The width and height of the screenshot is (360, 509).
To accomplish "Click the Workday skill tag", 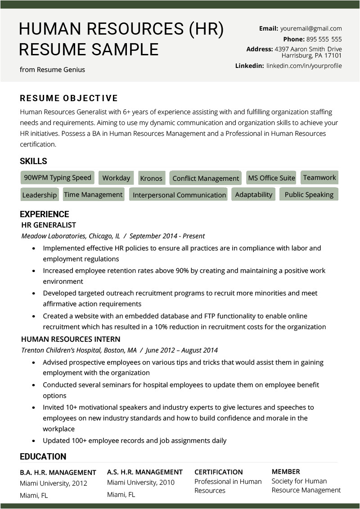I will (x=116, y=178).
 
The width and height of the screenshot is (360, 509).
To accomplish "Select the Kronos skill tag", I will (x=151, y=179).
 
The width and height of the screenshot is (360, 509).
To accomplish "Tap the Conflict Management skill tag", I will (x=206, y=179).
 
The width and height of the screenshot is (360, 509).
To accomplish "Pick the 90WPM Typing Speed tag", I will (x=58, y=178).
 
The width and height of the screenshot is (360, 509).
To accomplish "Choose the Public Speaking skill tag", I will (x=309, y=195).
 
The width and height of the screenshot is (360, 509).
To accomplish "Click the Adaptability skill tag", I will (x=253, y=195).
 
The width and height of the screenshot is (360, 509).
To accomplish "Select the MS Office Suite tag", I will (x=271, y=178).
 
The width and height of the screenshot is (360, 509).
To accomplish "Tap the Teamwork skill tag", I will (x=319, y=178).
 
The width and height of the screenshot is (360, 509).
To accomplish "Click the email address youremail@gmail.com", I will (x=311, y=28).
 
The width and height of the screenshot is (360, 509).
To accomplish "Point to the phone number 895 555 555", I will (x=324, y=39).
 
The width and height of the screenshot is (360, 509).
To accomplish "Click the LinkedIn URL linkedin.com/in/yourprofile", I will (x=304, y=66).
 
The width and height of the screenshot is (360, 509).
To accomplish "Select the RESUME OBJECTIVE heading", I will (x=69, y=98).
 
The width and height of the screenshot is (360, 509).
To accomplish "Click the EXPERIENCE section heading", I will (x=45, y=214).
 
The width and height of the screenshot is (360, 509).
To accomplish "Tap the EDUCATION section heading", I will (x=43, y=457).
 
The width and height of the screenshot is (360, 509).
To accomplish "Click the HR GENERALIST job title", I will (x=49, y=225).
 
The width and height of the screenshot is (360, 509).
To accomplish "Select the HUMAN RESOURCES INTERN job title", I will (x=71, y=339).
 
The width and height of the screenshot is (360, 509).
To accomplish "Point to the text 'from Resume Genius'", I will (x=52, y=70).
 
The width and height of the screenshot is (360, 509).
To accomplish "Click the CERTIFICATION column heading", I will (x=218, y=472).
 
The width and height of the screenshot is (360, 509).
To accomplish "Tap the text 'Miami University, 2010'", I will (x=141, y=483).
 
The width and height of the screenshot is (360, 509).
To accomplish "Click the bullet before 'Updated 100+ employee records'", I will (x=34, y=441).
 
